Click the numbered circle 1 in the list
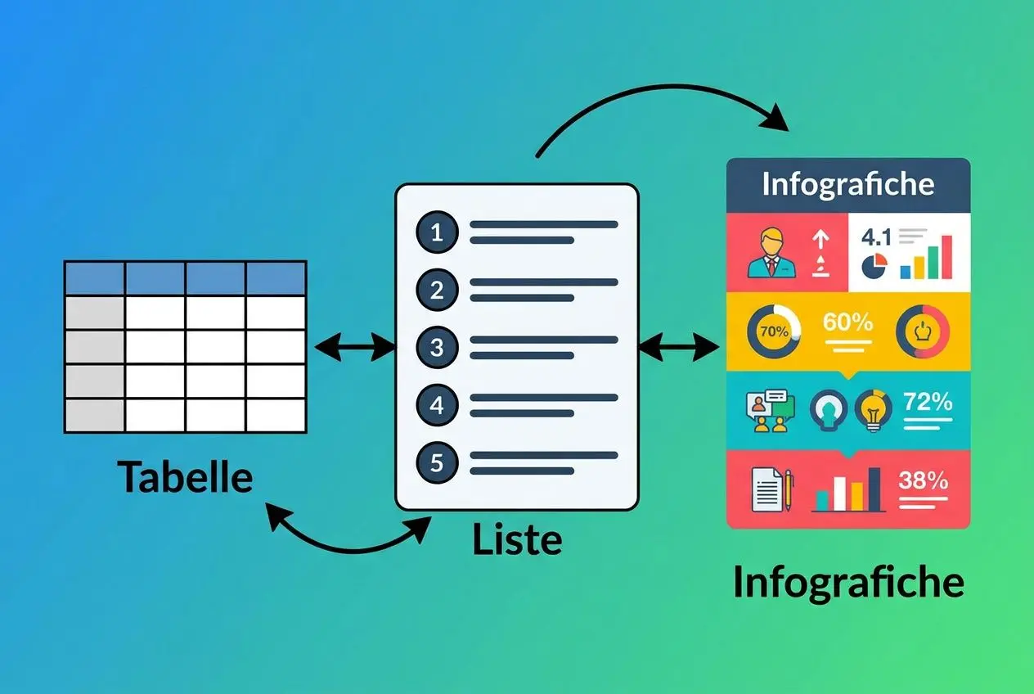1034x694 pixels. (436, 232)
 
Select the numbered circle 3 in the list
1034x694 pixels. (436, 348)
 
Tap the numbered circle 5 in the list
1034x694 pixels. (436, 463)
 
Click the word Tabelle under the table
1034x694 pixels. (184, 476)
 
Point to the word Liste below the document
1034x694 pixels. (517, 540)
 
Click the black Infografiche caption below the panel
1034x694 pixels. (848, 583)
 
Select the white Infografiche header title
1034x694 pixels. (847, 184)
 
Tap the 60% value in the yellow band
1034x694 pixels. (847, 322)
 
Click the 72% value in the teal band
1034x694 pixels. (928, 402)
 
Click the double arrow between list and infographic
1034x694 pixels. (678, 348)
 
